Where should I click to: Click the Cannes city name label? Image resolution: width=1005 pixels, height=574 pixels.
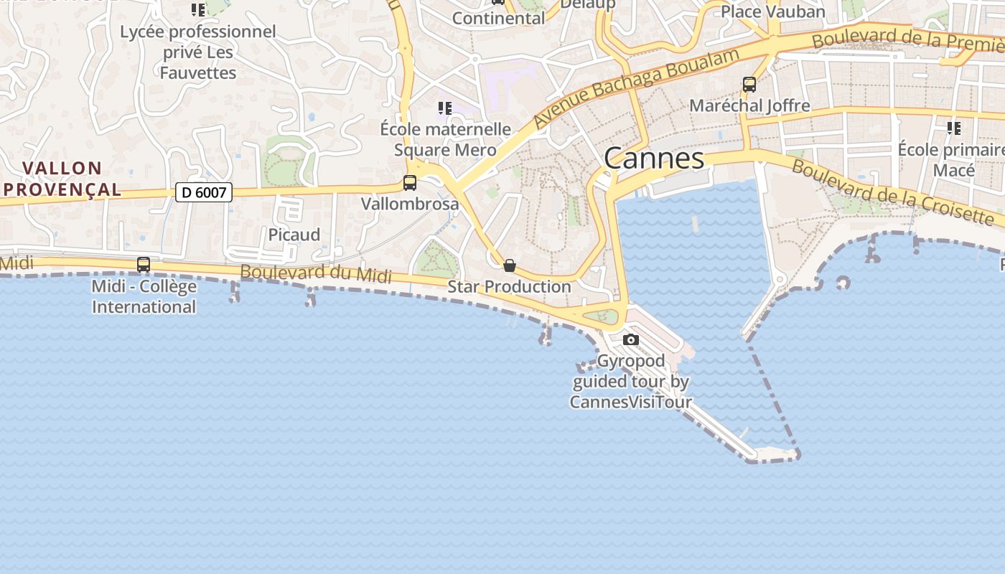tap(654, 159)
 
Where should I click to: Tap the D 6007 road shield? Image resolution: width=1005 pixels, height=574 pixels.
tap(204, 192)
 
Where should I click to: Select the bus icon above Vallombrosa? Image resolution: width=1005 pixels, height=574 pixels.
tap(410, 183)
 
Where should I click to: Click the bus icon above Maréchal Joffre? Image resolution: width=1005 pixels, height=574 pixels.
tap(749, 85)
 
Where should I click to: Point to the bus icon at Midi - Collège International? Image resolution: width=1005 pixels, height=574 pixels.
tap(144, 265)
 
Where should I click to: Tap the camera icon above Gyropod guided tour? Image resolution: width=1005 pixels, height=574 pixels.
tap(631, 339)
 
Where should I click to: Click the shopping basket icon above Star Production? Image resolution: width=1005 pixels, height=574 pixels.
tap(510, 266)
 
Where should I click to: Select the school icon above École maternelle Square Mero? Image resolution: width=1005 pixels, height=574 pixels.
tap(445, 108)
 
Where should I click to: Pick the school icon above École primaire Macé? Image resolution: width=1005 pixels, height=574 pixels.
tap(954, 128)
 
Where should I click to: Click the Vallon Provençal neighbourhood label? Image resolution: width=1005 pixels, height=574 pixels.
tap(62, 179)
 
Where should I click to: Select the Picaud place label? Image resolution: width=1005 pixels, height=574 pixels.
tap(294, 235)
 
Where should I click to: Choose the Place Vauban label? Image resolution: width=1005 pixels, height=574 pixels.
tap(773, 11)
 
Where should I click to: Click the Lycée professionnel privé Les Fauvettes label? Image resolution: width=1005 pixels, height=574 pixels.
tap(198, 52)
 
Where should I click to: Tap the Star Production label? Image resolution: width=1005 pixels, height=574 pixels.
tap(510, 287)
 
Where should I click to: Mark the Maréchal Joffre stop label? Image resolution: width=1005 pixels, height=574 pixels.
tap(749, 105)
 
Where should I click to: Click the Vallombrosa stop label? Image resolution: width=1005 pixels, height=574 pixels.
tap(410, 204)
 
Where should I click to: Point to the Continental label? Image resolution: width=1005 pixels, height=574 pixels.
tap(499, 18)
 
